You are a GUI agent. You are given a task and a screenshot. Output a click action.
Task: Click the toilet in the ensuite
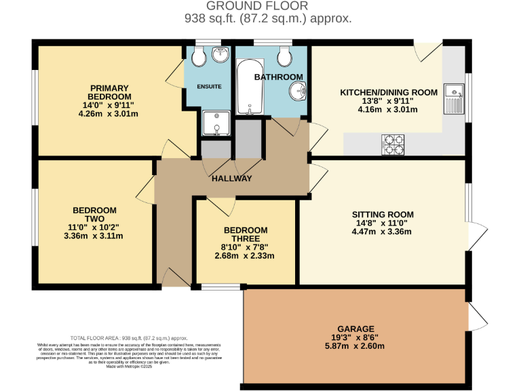(199, 58)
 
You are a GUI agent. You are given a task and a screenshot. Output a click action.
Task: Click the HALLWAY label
(232, 179)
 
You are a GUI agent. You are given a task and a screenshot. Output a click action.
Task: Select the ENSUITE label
(209, 87)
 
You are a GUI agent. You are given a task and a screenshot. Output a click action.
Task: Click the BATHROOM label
(278, 77)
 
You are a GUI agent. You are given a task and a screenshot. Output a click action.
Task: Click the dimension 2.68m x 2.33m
(245, 256)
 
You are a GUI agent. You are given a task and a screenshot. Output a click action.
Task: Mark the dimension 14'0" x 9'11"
(109, 105)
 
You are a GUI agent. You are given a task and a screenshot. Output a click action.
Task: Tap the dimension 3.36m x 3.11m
(93, 236)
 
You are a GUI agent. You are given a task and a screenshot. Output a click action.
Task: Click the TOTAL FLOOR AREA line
(129, 338)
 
